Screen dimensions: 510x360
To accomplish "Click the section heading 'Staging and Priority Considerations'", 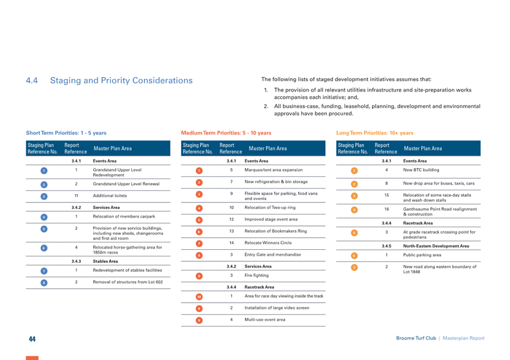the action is click(121, 80).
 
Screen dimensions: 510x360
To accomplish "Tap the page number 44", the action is click(32, 339).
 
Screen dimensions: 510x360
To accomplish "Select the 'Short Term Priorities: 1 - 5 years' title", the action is click(66, 133).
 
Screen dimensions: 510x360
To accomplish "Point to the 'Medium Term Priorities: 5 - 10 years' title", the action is click(226, 133).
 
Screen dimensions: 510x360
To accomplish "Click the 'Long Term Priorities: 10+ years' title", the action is click(375, 133).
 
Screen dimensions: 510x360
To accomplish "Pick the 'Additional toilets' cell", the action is click(110, 196).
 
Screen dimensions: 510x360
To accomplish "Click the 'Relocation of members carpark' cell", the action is click(124, 217).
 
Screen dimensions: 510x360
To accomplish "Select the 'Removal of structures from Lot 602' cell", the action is click(128, 282).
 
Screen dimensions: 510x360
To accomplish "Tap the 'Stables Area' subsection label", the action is click(105, 261).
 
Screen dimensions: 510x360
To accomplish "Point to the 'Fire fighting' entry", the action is click(256, 276).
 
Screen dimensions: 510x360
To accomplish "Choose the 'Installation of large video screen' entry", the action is click(277, 308).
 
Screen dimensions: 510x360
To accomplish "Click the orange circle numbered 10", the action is click(199, 297).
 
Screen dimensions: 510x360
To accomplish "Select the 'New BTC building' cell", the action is click(421, 170).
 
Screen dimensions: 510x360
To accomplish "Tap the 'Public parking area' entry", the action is click(422, 255).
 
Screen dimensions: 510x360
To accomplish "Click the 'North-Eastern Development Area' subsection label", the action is click(436, 246).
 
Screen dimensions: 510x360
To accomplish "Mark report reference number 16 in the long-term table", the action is click(386, 209).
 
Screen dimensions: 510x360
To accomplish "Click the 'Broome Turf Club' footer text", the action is click(416, 338).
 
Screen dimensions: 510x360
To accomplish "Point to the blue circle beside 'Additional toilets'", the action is click(44, 196).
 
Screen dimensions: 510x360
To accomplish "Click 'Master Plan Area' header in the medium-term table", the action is click(268, 148).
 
